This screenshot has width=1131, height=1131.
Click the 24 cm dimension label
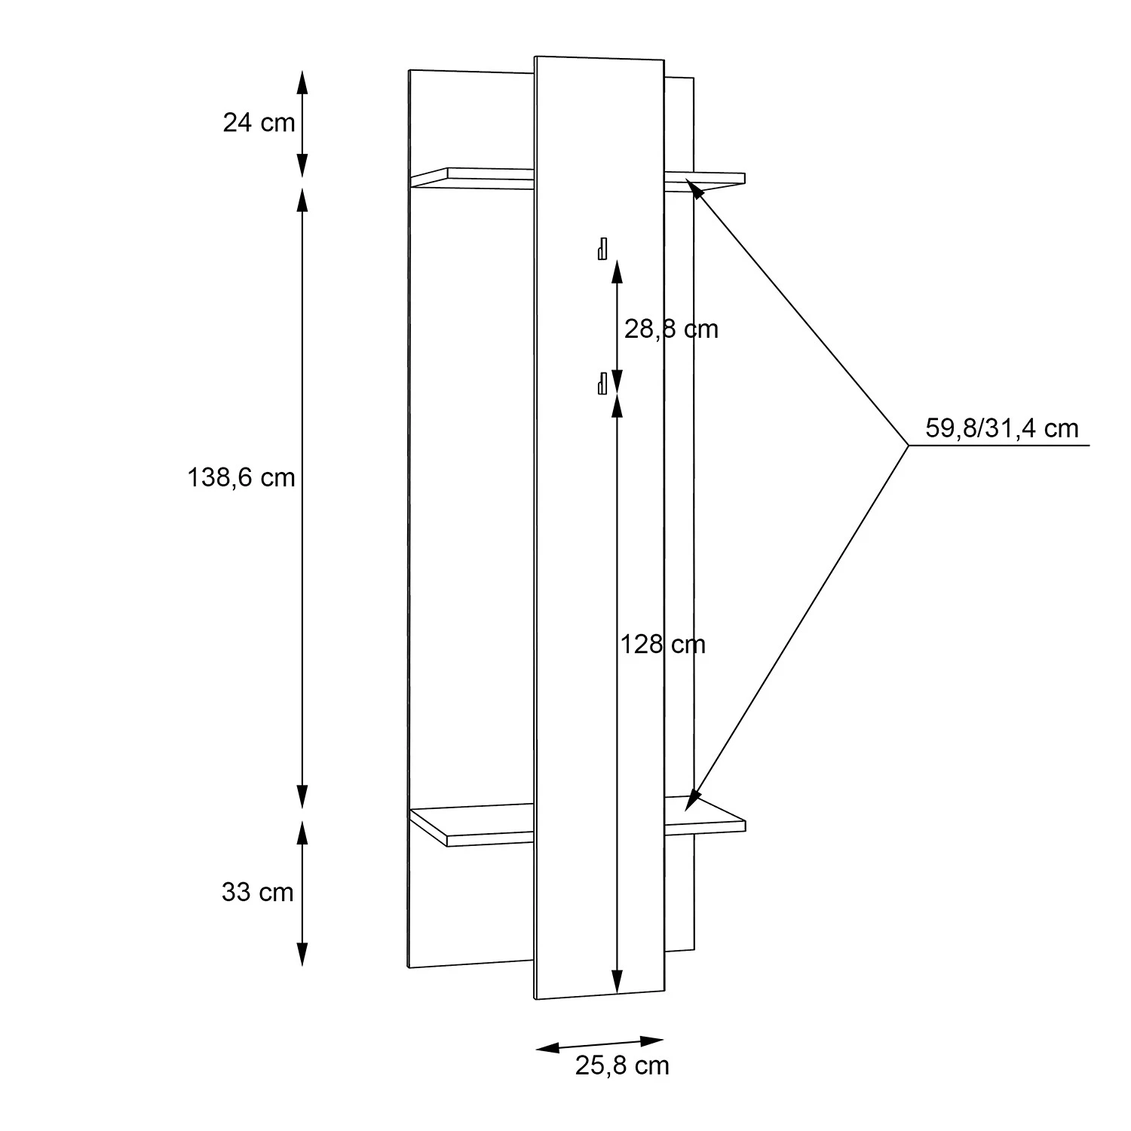coord(259,122)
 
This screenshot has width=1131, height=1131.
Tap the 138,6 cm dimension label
coord(241,477)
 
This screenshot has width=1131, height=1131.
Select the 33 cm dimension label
coord(257,892)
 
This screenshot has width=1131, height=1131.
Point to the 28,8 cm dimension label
coord(671,329)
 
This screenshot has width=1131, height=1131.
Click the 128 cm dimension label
coord(663,644)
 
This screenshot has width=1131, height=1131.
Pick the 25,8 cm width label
coord(622,1065)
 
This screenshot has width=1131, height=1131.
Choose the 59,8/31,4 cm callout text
coord(1002,428)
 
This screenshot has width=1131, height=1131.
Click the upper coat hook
coord(602,248)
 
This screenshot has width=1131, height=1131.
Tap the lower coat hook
coord(602,383)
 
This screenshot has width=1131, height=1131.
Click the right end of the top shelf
coord(744,179)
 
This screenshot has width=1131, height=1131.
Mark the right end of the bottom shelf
coord(744,825)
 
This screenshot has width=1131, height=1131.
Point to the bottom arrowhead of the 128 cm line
coord(618,980)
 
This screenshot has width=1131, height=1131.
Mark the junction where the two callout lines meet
coord(909,446)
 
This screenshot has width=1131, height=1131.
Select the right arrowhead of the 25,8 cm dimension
coord(652,1041)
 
